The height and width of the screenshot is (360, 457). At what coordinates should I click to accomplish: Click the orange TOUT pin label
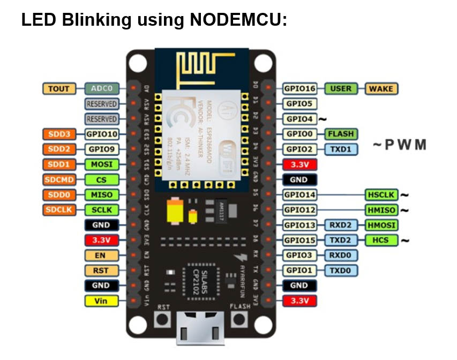point(58,89)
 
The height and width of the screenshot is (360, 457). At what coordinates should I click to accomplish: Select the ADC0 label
point(101,89)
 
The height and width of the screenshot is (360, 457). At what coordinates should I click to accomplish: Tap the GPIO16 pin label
point(299,89)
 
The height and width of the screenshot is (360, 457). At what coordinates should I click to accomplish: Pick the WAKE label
point(381,89)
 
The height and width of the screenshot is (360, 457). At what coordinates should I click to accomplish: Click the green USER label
point(340,89)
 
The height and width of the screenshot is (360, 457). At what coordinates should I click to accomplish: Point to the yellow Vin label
point(101,301)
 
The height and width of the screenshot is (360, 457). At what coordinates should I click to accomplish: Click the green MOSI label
point(101,164)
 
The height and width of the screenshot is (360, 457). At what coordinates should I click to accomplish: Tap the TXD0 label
point(340,271)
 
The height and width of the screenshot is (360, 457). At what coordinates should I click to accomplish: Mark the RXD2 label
point(340,225)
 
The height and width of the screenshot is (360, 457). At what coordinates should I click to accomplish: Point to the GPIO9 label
point(101,149)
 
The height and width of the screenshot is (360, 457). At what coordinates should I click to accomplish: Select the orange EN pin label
point(101,256)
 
